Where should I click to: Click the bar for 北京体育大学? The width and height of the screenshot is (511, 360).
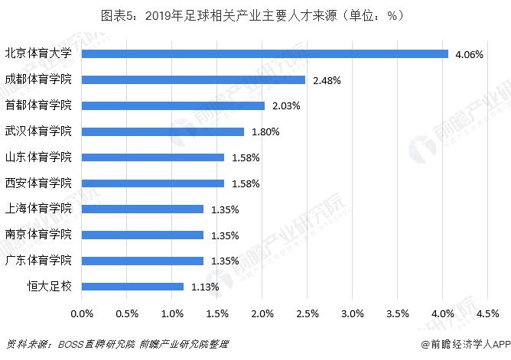[264, 54]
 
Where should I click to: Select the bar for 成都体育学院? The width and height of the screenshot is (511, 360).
[193, 79]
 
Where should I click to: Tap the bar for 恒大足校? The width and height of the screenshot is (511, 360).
[132, 287]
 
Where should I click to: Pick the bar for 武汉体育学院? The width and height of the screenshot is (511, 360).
[162, 131]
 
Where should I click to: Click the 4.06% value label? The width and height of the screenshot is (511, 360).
[468, 54]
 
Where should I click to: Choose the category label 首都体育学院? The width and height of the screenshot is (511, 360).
[38, 105]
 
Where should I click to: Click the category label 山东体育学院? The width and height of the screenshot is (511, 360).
[38, 157]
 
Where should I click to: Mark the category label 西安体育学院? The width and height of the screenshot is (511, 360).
[38, 183]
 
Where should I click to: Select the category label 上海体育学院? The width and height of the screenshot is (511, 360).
[38, 209]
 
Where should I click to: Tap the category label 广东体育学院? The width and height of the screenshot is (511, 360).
[38, 261]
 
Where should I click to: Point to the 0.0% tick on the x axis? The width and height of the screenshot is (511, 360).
[82, 313]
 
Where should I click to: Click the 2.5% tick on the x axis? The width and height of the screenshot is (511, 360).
[308, 313]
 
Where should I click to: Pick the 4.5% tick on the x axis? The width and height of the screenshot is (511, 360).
[487, 313]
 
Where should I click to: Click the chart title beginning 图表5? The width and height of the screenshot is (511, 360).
[255, 15]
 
